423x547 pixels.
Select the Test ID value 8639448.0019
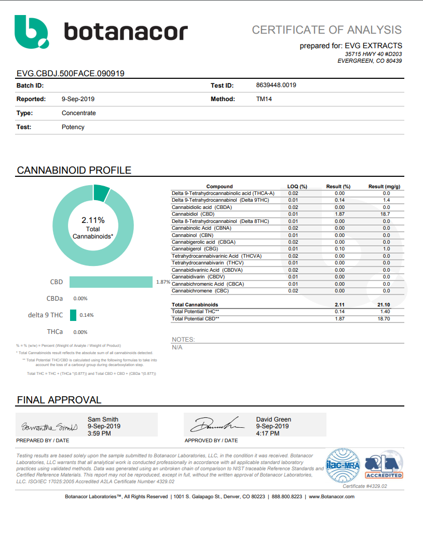click(x=276, y=85)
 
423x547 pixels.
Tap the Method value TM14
click(x=264, y=99)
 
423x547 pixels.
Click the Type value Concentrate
click(x=78, y=113)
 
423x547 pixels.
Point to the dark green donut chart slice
click(x=101, y=192)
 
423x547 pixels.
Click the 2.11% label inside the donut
click(x=93, y=220)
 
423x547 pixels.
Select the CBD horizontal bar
click(x=112, y=282)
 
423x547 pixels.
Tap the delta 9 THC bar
click(x=73, y=315)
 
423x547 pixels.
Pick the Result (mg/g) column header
click(x=384, y=187)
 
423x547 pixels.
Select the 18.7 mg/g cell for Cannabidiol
click(x=386, y=214)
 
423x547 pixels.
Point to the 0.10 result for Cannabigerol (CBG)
click(x=339, y=249)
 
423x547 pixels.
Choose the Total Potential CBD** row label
click(x=195, y=319)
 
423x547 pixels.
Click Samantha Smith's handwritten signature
click(x=49, y=427)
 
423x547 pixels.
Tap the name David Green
click(x=274, y=419)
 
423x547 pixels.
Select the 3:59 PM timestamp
click(x=99, y=433)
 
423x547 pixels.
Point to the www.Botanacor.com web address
click(x=332, y=497)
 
